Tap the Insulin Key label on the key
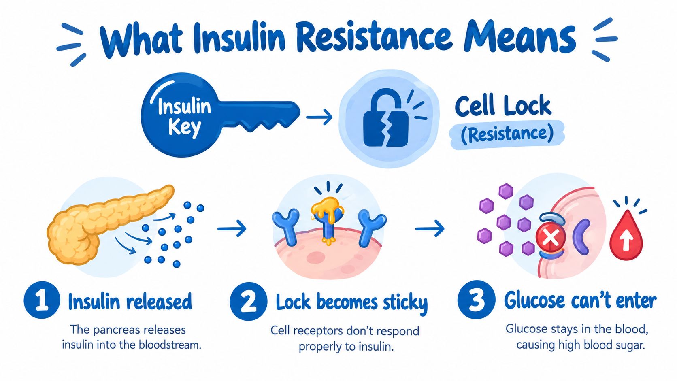pyautogui.click(x=184, y=117)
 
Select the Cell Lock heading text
pyautogui.click(x=503, y=105)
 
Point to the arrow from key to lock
pyautogui.click(x=319, y=117)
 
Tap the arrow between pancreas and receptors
pyautogui.click(x=232, y=229)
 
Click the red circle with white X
pyautogui.click(x=551, y=238)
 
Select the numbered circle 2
pyautogui.click(x=248, y=301)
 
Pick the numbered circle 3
pyautogui.click(x=476, y=299)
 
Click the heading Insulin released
pyautogui.click(x=130, y=301)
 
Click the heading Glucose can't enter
pyautogui.click(x=580, y=300)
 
